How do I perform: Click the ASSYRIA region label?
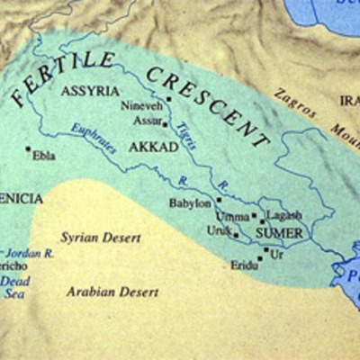[x=88, y=92]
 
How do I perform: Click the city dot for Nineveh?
[x=168, y=97]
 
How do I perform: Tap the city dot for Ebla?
[x=28, y=148]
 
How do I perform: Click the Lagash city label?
[x=284, y=216]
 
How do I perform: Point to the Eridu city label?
[x=243, y=266]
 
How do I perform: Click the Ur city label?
[x=276, y=255]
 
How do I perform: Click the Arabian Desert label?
[x=112, y=292]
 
